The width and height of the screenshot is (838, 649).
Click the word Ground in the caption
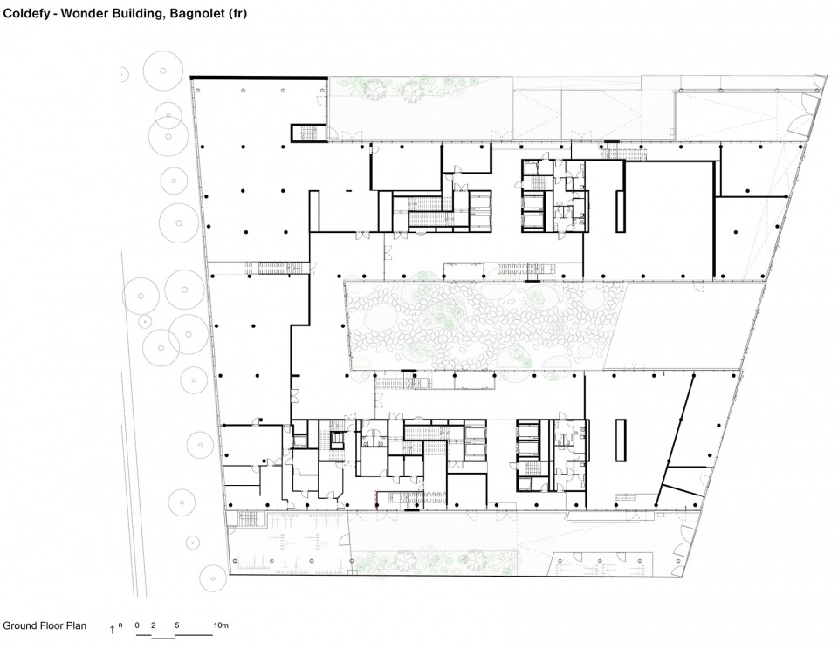(x=20, y=625)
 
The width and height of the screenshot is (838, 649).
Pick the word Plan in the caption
(x=76, y=625)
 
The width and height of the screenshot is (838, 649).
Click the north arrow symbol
(x=113, y=629)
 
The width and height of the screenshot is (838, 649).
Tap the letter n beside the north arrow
(x=120, y=625)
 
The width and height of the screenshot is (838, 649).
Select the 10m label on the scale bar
(x=221, y=625)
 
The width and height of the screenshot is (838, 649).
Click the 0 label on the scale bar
(x=137, y=625)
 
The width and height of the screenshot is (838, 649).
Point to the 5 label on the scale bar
(x=177, y=625)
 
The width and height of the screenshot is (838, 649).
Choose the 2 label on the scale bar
(x=154, y=625)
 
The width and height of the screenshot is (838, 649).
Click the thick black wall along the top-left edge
(x=259, y=78)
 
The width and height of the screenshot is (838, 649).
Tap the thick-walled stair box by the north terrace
(x=308, y=133)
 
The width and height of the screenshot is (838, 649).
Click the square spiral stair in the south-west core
(x=337, y=440)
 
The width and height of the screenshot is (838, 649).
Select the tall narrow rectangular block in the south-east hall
(x=621, y=441)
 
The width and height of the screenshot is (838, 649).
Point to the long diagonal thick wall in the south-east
(x=675, y=441)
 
